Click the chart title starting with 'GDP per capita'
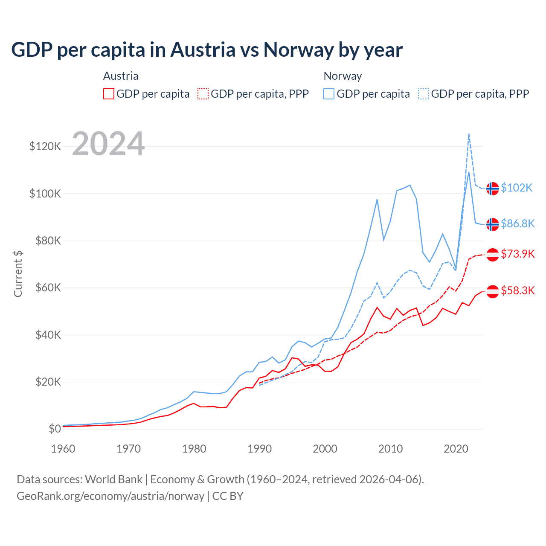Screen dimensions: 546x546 coord(207,50)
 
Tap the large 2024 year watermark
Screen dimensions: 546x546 coord(108,144)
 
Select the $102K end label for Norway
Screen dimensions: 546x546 coord(517,188)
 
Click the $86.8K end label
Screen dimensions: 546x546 coord(517,224)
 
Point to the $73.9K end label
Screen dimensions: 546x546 coord(517,254)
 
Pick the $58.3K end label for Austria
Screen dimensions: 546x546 coord(517,291)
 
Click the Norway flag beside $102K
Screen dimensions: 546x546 coord(493,188)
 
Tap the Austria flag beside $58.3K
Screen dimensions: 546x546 coord(493,291)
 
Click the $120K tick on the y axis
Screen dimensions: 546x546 coord(45,147)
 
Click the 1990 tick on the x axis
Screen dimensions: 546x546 coord(259,449)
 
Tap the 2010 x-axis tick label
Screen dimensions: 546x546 coord(390,449)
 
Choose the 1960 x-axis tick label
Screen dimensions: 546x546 coord(63,449)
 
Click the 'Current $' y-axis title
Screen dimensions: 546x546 coord(18,274)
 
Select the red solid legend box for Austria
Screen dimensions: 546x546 coord(109,94)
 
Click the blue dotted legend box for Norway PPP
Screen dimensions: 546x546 coord(424,94)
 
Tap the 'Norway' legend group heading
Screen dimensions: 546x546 coord(343,76)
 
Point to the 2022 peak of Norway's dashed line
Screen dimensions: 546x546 coord(469,134)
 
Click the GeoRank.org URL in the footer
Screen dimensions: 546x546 coord(110,496)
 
